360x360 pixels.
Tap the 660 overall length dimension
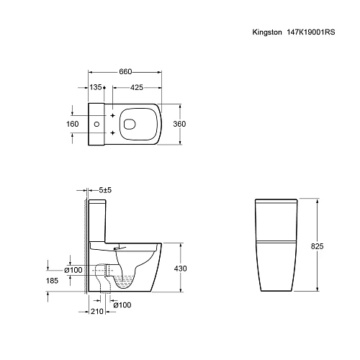[x=125, y=72]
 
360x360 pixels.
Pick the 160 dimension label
[x=72, y=123]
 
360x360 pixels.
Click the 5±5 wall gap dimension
[x=104, y=190]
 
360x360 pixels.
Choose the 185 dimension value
[x=52, y=282]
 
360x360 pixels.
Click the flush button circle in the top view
[x=96, y=124]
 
